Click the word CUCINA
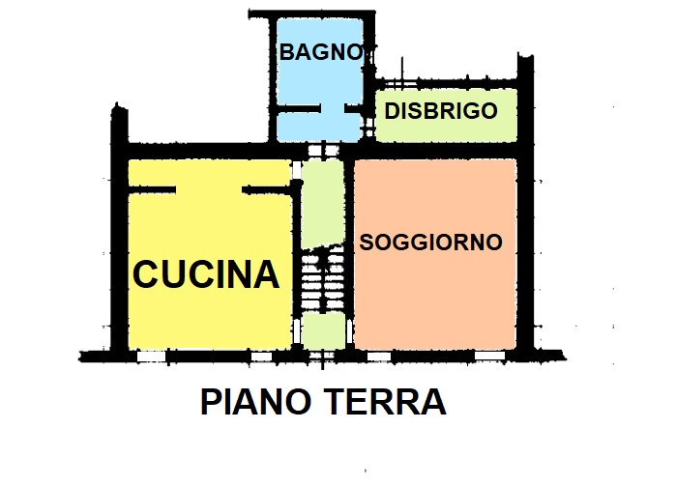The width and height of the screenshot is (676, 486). [x=206, y=275]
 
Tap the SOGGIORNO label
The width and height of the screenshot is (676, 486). [x=431, y=243]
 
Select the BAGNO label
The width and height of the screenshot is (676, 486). [x=320, y=53]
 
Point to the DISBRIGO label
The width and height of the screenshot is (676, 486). [x=441, y=111]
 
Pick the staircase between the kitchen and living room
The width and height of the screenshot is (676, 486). [x=322, y=279]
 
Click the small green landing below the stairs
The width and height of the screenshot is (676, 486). [x=322, y=330]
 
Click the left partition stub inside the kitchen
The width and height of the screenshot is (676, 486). [x=151, y=189]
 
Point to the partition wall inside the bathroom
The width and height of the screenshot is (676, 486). [x=295, y=109]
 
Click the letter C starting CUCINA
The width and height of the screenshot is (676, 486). [x=147, y=275]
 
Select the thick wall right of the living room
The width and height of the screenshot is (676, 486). [x=526, y=251]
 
